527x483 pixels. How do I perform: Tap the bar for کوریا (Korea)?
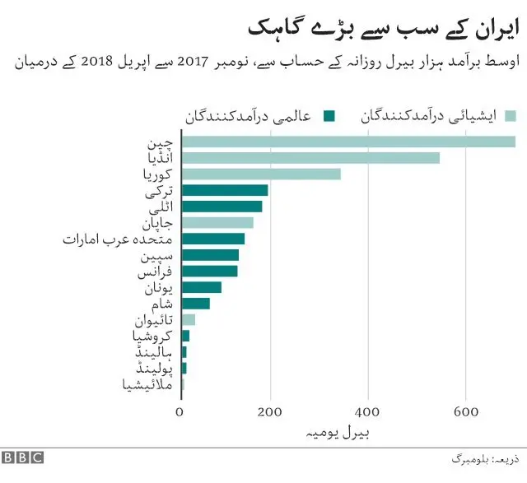(260, 174)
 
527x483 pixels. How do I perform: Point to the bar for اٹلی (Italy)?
(222, 207)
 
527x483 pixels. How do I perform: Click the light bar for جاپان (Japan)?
(217, 222)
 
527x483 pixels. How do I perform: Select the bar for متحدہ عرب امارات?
(212, 239)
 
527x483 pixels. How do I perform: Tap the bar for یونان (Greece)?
(201, 287)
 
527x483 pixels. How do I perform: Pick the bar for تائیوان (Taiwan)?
(188, 319)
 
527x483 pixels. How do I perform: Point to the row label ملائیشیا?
(148, 383)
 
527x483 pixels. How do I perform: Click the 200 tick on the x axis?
(275, 412)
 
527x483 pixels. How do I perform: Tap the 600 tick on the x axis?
(466, 412)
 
